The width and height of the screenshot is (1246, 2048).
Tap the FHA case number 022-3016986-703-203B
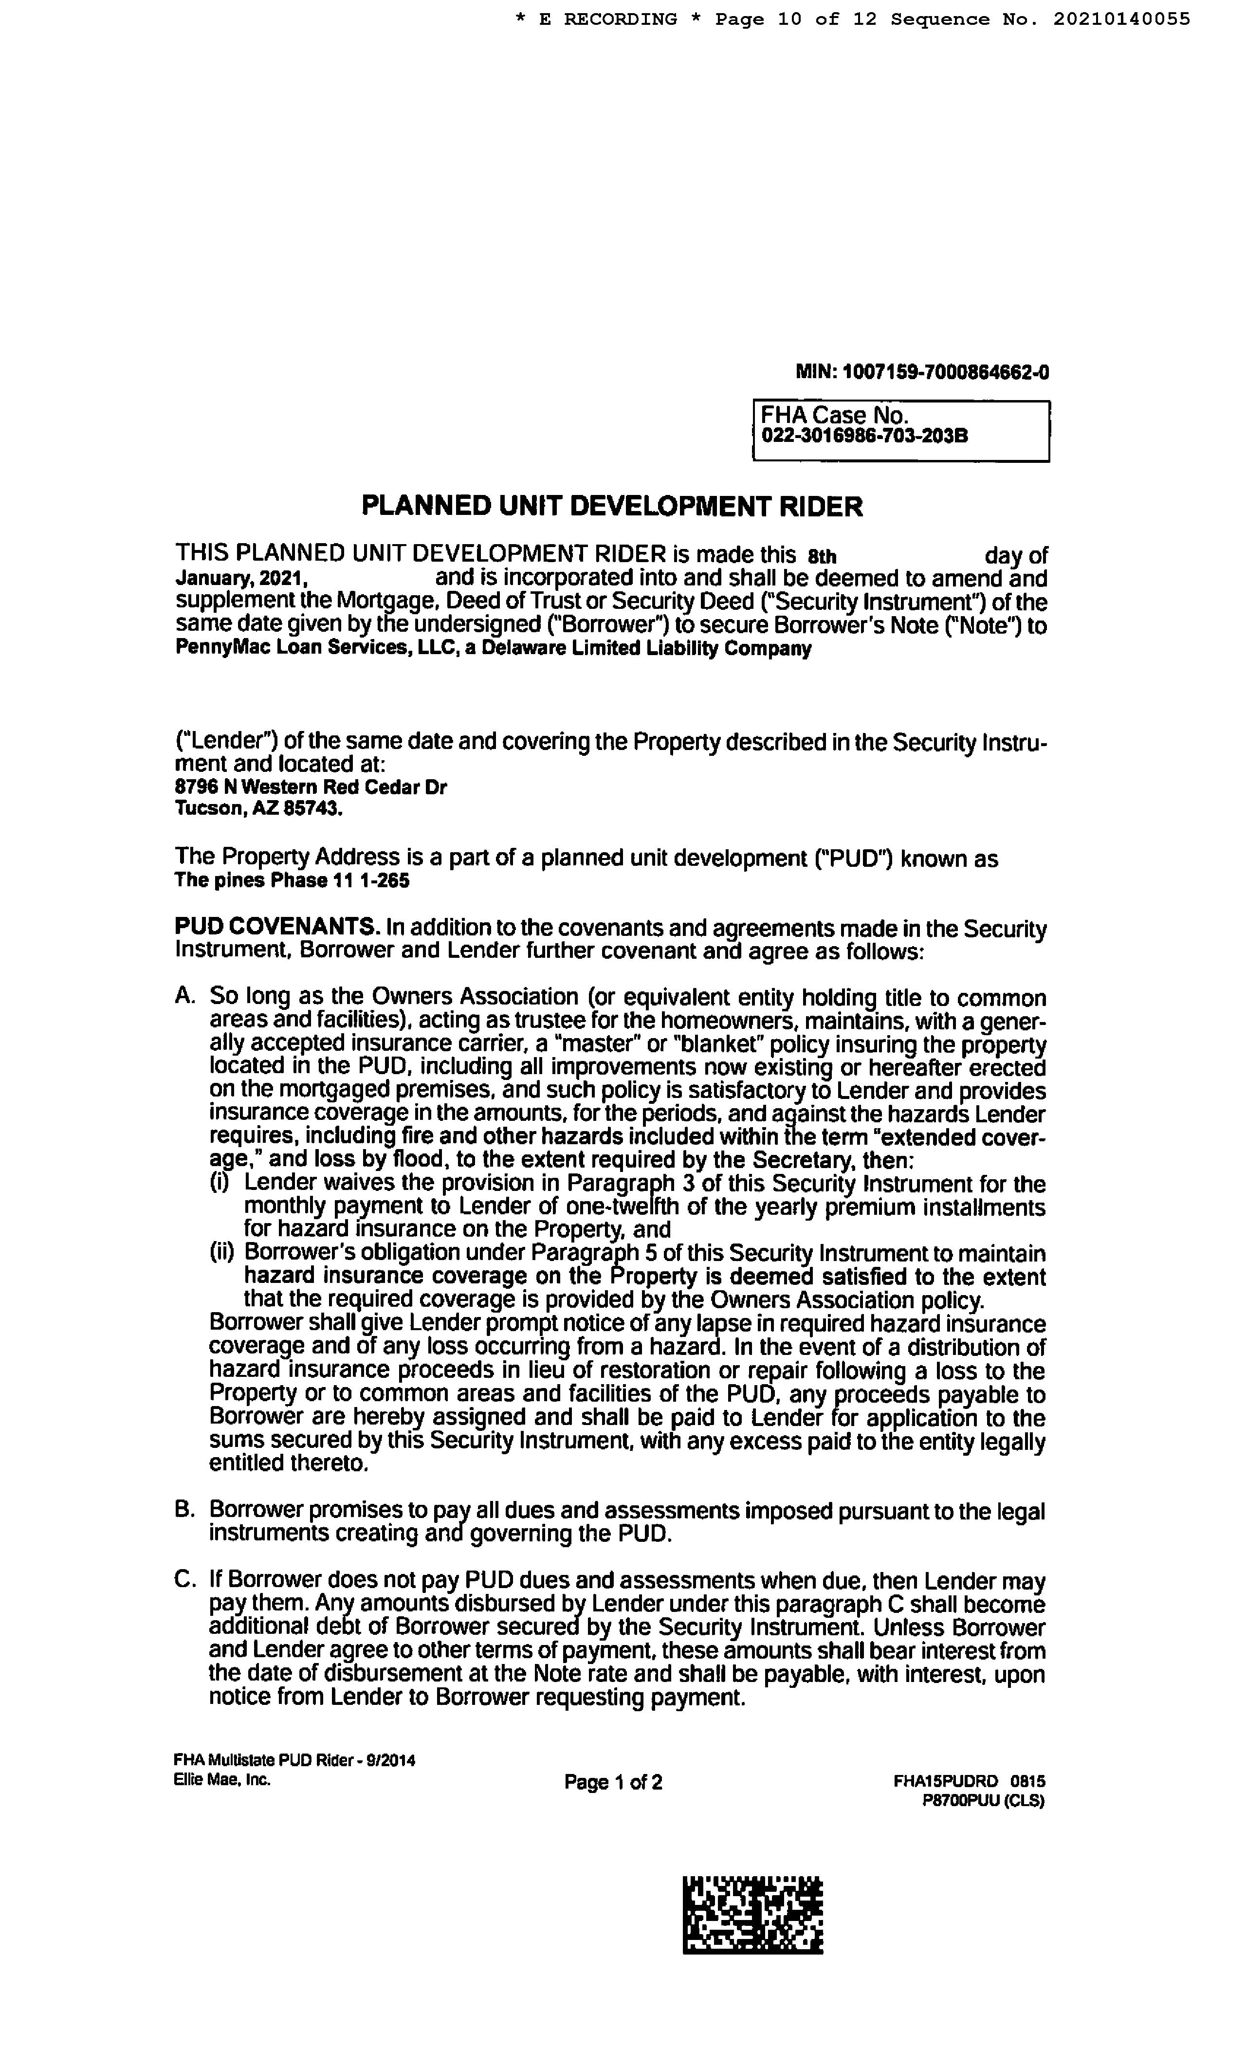coord(864,436)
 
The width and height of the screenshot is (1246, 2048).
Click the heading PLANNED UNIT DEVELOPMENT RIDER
coord(612,506)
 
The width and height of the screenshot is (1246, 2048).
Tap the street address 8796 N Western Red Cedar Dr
coord(310,786)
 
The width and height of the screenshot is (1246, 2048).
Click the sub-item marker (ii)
coord(223,1253)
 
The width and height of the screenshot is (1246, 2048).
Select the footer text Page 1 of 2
coord(613,1782)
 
